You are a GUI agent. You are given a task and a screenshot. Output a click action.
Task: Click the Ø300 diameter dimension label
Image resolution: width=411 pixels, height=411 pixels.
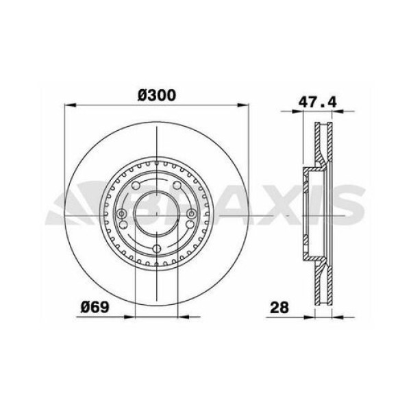point(156,95)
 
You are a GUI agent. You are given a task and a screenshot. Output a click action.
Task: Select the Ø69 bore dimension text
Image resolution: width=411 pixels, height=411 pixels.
point(95,307)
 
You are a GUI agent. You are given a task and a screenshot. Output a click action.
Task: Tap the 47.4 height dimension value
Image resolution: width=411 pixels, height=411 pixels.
point(318,101)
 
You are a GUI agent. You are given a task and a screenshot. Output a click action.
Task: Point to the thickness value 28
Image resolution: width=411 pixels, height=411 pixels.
point(279,307)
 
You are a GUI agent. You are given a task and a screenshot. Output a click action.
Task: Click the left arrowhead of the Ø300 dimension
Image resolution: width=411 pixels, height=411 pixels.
point(70,105)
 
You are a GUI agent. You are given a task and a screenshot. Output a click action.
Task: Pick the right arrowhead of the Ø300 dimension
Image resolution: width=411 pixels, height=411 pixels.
point(242,105)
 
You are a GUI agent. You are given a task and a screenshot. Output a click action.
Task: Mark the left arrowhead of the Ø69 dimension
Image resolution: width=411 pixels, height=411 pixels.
point(129,317)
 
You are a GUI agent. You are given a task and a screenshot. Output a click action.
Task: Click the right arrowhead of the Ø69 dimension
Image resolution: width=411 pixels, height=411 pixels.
point(183,317)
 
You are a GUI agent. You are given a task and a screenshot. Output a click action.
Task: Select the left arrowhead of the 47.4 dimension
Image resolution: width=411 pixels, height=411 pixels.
point(297,112)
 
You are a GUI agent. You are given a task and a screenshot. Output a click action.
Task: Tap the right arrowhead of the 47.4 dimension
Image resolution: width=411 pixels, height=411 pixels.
point(338,112)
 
